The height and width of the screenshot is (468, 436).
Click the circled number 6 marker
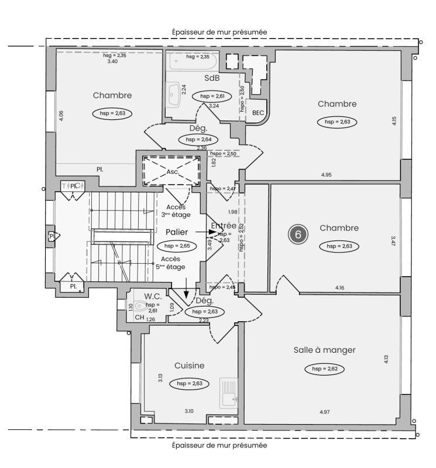click(298, 235)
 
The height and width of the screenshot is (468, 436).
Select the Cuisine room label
click(189, 366)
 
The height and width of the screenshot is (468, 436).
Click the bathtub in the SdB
click(192, 61)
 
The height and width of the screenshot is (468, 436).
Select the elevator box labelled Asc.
click(172, 172)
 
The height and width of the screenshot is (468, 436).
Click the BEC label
click(258, 112)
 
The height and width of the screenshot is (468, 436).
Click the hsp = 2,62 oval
click(324, 369)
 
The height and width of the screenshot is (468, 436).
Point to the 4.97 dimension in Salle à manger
click(324, 412)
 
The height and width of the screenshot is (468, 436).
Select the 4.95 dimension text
click(326, 175)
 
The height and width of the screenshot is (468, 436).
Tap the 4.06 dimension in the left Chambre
click(61, 115)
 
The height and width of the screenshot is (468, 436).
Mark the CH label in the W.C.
click(139, 318)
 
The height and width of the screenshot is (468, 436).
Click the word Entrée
click(223, 225)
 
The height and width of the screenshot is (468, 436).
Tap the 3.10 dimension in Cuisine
click(189, 411)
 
